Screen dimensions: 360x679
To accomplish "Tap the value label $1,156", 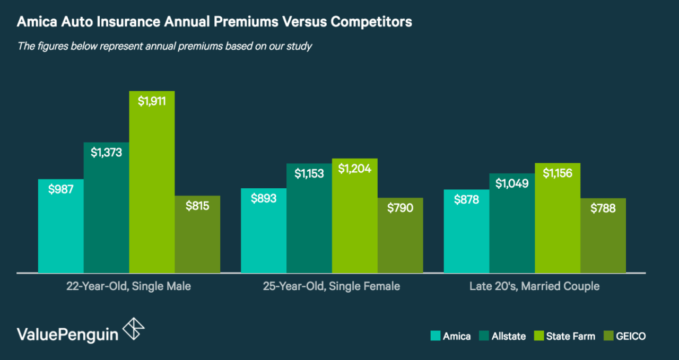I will click(557, 173).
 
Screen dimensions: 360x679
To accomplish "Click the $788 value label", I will click(603, 208).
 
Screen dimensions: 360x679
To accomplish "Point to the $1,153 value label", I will click(309, 173).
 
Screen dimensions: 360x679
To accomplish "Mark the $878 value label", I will click(466, 199).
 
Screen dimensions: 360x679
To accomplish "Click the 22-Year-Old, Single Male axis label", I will click(129, 286).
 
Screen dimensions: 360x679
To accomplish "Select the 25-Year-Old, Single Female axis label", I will click(332, 286).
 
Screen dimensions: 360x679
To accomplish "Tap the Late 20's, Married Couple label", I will click(534, 286).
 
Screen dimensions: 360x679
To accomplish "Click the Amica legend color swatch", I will click(436, 336).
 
